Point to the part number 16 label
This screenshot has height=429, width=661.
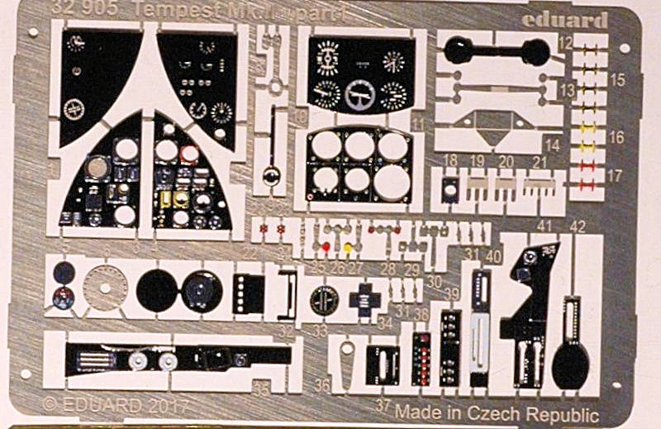(x=616, y=137)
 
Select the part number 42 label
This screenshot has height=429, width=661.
(x=578, y=226)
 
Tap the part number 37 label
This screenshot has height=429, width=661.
(x=381, y=406)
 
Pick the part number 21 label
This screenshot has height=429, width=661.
(x=540, y=161)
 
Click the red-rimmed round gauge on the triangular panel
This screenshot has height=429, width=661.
(x=189, y=154)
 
